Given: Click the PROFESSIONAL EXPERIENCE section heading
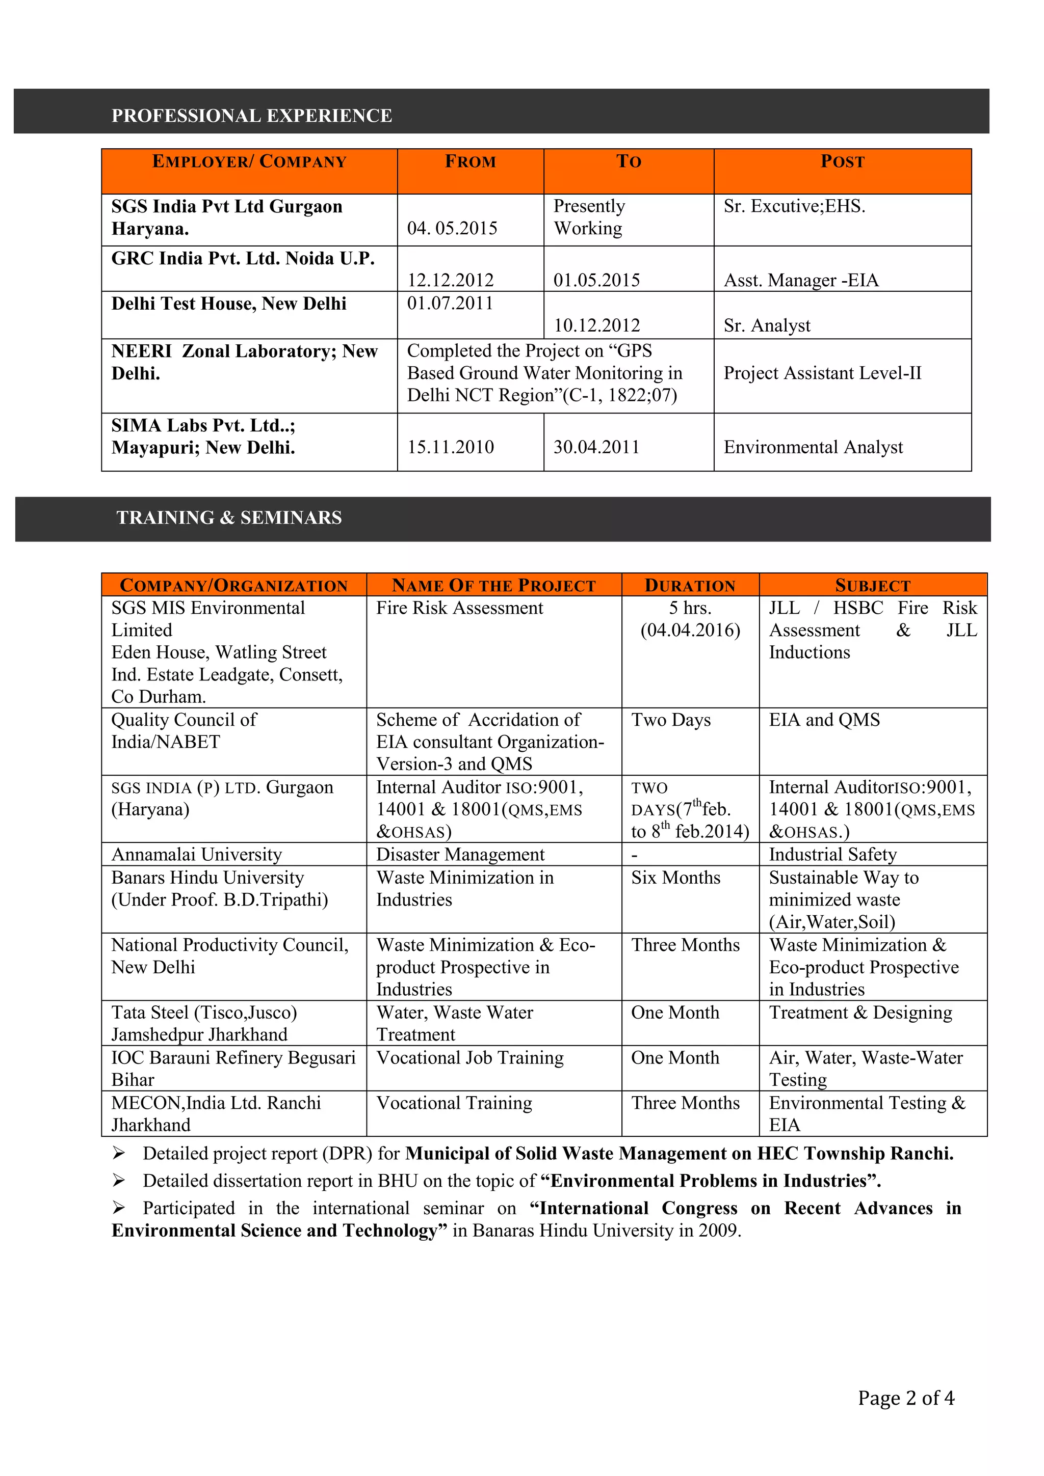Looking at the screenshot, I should pyautogui.click(x=251, y=116).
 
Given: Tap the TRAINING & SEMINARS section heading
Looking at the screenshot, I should pyautogui.click(x=229, y=517).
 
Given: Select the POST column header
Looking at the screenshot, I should pyautogui.click(x=842, y=161).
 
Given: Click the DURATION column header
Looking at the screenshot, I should pyautogui.click(x=690, y=585).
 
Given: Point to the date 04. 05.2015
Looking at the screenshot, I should pyautogui.click(x=452, y=228).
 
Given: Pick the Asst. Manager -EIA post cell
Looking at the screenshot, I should pyautogui.click(x=801, y=280).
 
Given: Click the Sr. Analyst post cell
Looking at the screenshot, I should pyautogui.click(x=767, y=325).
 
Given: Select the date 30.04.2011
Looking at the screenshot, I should pyautogui.click(x=596, y=447).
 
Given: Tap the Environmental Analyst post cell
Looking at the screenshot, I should pyautogui.click(x=813, y=447).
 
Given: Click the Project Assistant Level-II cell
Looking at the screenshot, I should pyautogui.click(x=822, y=373).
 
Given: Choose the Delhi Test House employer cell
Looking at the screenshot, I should pyautogui.click(x=228, y=304).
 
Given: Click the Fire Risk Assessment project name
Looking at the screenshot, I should pyautogui.click(x=459, y=608).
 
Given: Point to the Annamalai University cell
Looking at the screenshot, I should pyautogui.click(x=196, y=854).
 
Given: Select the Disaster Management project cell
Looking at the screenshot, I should pyautogui.click(x=460, y=854).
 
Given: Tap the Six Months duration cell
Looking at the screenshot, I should pyautogui.click(x=675, y=878).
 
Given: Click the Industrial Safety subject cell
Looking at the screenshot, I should pyautogui.click(x=832, y=854).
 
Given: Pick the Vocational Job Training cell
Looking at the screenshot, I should pyautogui.click(x=469, y=1057).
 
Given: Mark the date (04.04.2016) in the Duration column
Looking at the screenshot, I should pyautogui.click(x=690, y=630).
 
